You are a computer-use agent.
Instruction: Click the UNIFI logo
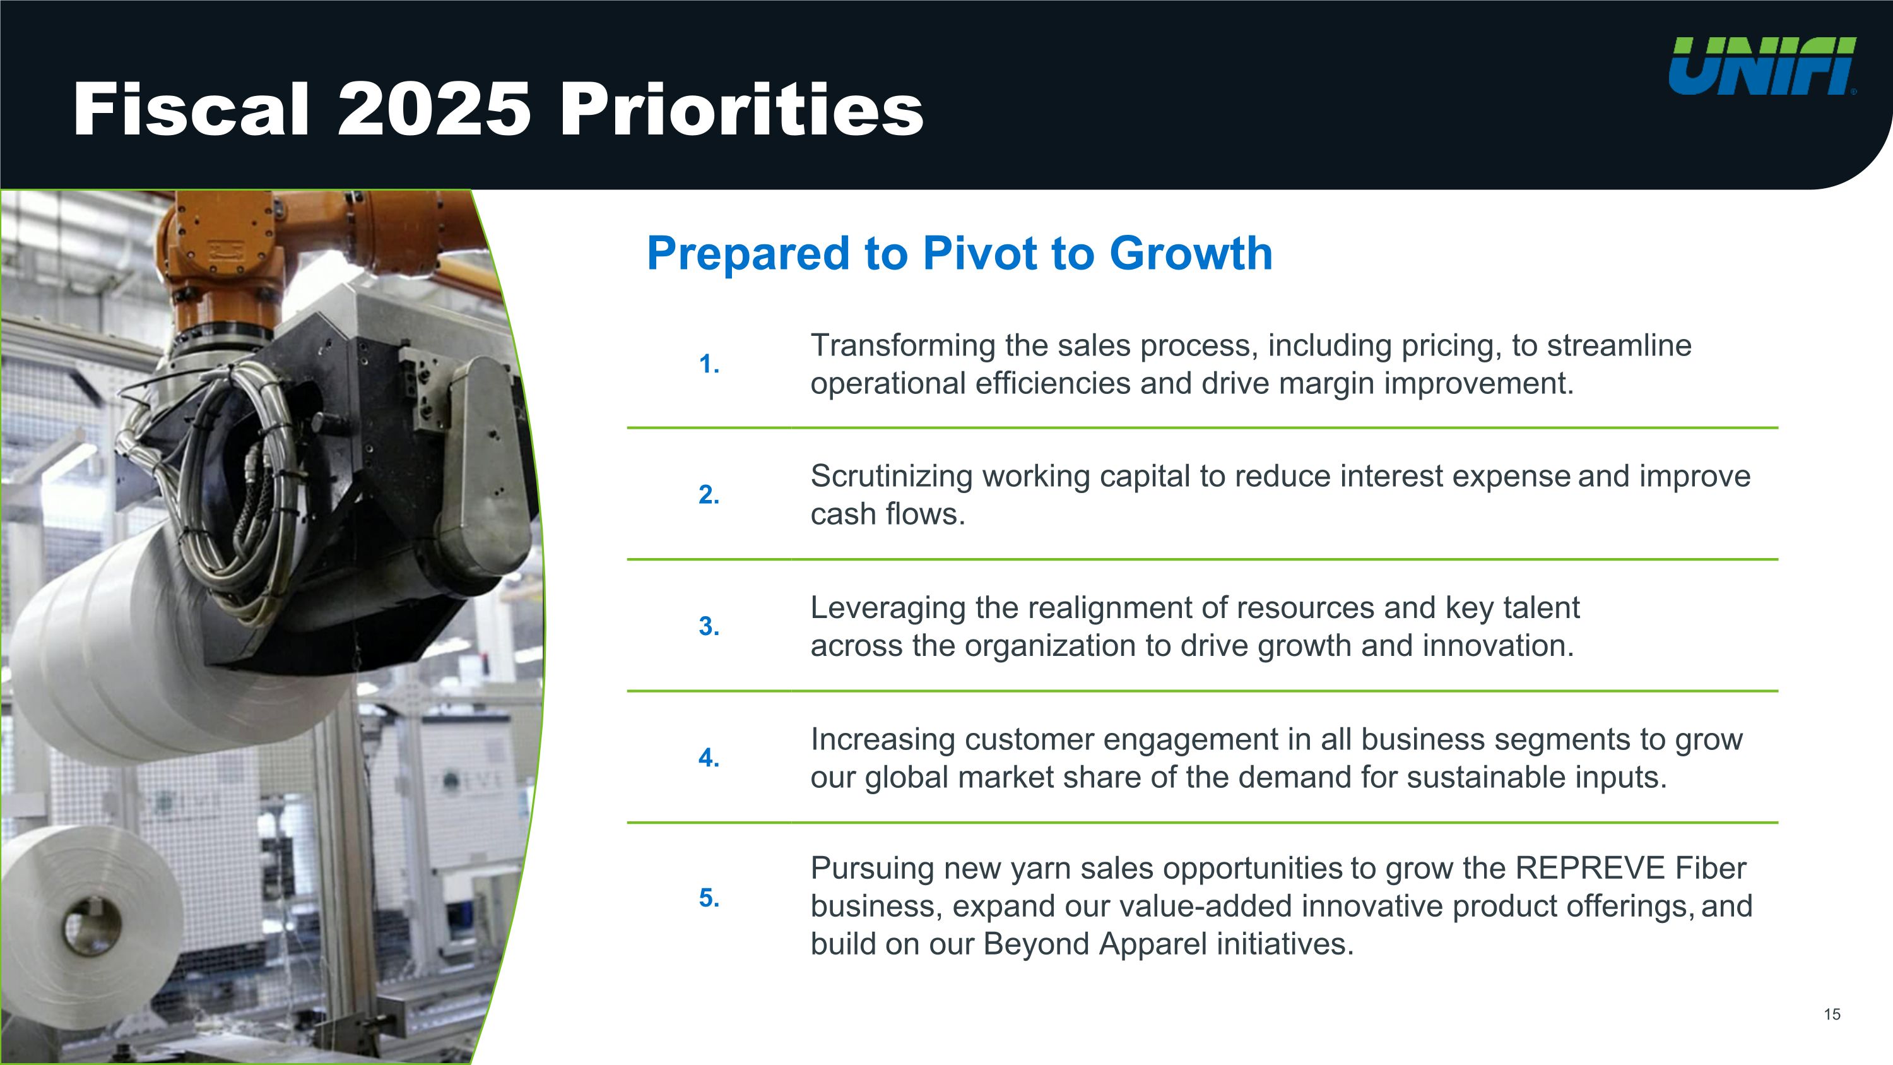(1762, 66)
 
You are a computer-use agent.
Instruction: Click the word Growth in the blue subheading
(1191, 254)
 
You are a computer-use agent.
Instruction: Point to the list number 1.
(709, 364)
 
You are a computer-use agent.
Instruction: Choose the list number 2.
(709, 495)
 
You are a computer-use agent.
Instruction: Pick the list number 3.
(709, 626)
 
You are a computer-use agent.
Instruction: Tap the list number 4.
(709, 758)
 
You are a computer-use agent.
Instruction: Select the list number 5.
(709, 898)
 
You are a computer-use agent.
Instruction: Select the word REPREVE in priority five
(1589, 868)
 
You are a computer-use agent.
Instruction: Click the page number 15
(1832, 1015)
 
